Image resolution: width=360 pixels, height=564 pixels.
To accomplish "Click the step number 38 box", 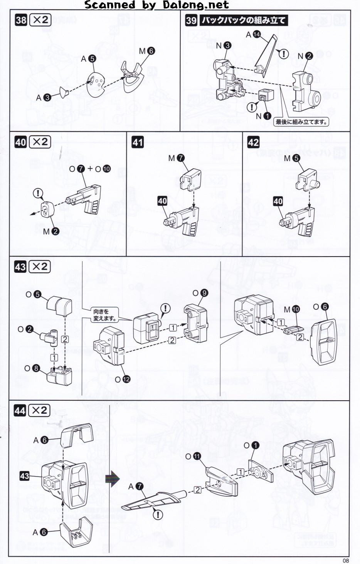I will point(21,20).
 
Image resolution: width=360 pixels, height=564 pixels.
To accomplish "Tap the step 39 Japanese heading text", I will point(243,20).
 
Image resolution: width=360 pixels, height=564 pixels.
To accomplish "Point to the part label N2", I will point(305,56).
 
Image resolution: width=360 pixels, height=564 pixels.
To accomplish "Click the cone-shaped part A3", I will point(63,92).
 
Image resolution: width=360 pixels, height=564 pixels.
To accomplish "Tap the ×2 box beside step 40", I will point(40,142).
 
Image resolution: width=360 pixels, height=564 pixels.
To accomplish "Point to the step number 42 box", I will point(253,142).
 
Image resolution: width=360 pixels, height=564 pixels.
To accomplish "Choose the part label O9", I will point(200,293).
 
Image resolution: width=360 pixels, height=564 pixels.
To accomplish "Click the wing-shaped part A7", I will point(152,501).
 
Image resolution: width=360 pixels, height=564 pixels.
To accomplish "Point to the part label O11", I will point(193,457).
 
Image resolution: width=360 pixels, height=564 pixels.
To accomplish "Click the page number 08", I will point(346,560).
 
